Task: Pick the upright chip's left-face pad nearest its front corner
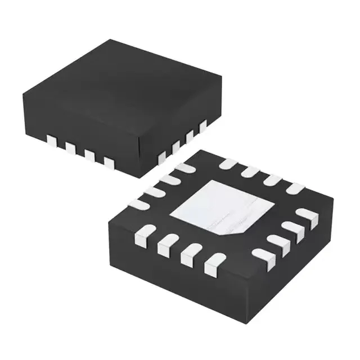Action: pos(109,163)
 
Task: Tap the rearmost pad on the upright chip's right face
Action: pos(202,125)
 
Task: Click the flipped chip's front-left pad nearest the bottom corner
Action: pos(213,262)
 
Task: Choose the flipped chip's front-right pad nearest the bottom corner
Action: pos(260,254)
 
